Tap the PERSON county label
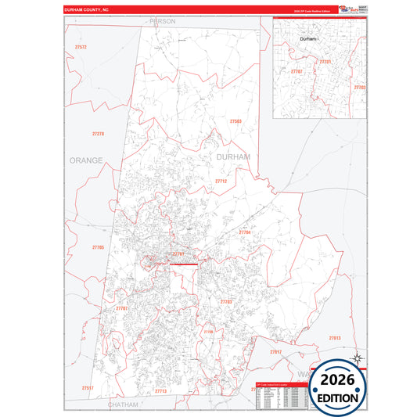(x=162, y=21)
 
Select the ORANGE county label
(x=86, y=160)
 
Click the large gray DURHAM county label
(x=233, y=157)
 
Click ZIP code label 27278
(x=98, y=134)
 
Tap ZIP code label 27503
(x=235, y=121)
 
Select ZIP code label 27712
(x=221, y=181)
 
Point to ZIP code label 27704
(x=245, y=232)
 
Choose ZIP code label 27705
(x=98, y=247)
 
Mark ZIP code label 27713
(x=160, y=390)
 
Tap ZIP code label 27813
(x=334, y=337)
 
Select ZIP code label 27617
(x=275, y=352)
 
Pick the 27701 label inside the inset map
(x=325, y=61)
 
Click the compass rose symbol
(x=356, y=358)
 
